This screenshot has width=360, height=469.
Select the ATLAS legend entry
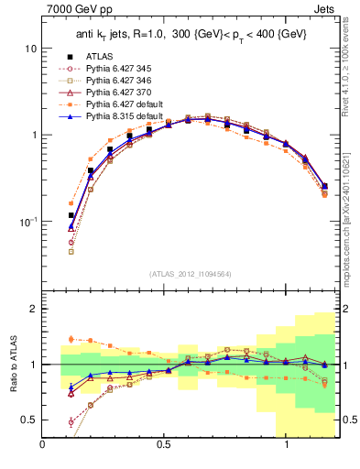click(x=98, y=57)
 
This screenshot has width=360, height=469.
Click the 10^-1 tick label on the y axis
click(x=26, y=222)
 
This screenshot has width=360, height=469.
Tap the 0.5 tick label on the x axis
click(x=165, y=445)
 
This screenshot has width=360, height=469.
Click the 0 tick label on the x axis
click(x=43, y=445)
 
